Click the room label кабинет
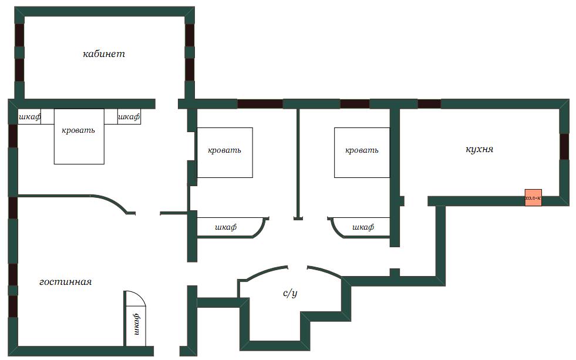point(104,54)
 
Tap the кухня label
point(479,149)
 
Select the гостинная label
point(65,282)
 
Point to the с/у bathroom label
point(290,293)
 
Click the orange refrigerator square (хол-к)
point(533,198)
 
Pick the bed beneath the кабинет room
point(79,136)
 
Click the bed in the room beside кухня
point(362,153)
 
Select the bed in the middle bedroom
point(225,153)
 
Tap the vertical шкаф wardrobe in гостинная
point(136,318)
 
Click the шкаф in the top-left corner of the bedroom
point(29,117)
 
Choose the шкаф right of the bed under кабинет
point(129,117)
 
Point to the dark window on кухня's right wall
point(564,146)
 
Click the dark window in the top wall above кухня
point(429,104)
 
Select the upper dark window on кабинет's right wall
point(190,35)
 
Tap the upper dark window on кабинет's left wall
point(19,35)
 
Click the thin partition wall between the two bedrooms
point(298,163)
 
